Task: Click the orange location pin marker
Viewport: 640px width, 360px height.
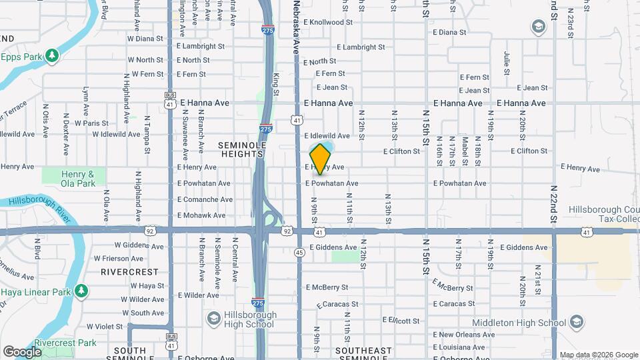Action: click(321, 159)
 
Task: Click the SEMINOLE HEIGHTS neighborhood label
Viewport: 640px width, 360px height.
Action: click(243, 149)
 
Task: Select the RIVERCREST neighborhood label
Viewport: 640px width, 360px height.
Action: click(129, 272)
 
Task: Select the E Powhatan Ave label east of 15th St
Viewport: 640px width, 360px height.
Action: click(459, 183)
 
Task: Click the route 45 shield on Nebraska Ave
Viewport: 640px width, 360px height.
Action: click(299, 253)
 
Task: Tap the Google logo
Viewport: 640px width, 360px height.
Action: click(22, 351)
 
